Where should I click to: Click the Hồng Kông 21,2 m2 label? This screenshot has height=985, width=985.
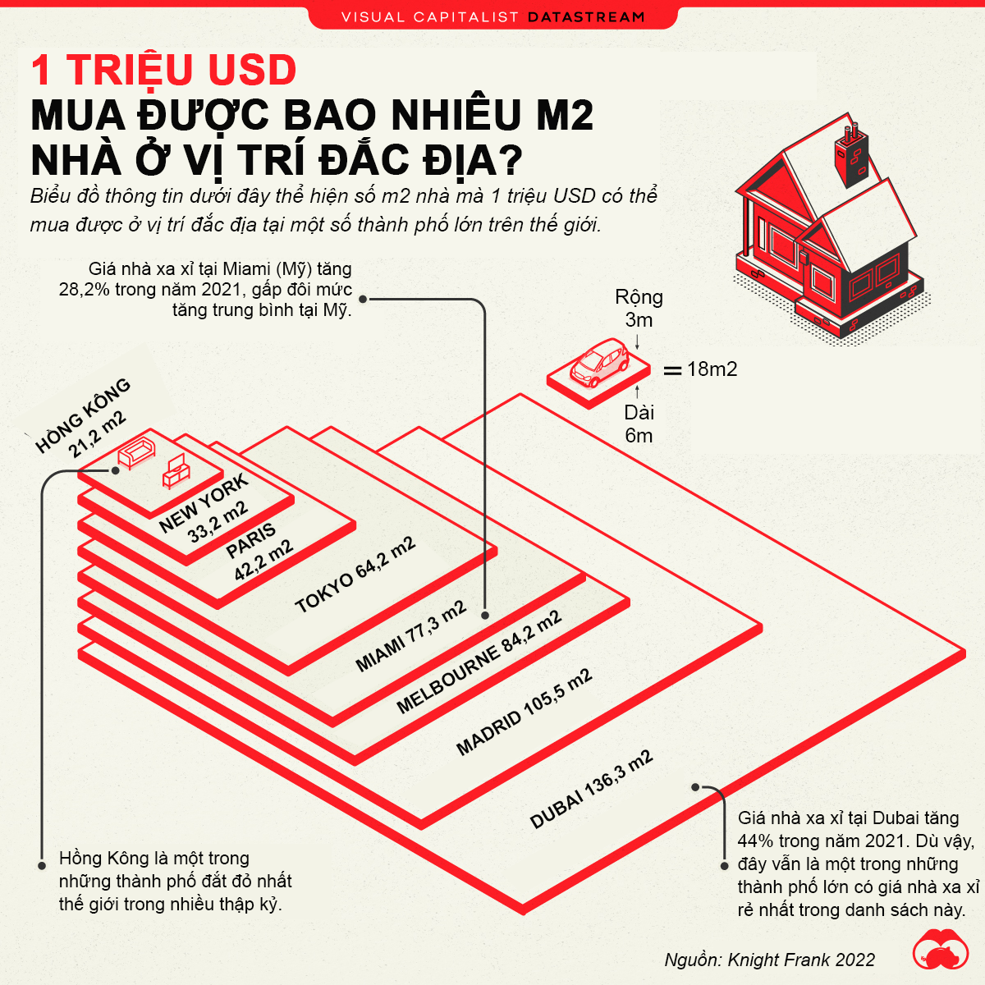coord(82,418)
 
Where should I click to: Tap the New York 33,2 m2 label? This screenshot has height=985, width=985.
coord(204,509)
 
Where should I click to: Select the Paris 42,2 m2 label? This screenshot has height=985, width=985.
coord(258,551)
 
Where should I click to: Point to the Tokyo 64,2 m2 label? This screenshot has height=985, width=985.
coord(355,576)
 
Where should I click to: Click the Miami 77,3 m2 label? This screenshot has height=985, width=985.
coord(410,636)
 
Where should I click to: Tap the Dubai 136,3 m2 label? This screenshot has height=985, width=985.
coord(591,789)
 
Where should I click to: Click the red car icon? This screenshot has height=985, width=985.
coord(599,363)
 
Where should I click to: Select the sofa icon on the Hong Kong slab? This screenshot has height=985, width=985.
coord(135,452)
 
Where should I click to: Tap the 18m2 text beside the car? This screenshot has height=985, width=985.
coord(712,369)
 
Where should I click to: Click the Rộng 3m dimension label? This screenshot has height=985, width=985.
coord(639,308)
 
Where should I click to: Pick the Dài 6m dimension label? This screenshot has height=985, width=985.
coord(639,424)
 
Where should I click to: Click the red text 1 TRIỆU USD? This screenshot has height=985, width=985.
coord(163,70)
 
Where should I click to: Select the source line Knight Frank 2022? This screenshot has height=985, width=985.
coord(769,960)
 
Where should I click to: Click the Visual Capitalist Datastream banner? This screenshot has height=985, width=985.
coord(492,16)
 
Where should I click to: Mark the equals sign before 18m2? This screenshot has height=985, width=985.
coord(672,370)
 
